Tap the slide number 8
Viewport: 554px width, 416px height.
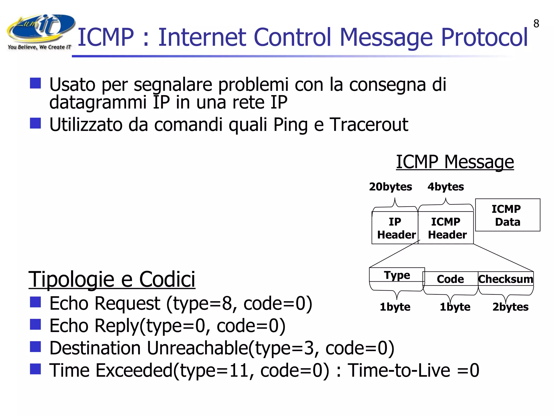(x=536, y=24)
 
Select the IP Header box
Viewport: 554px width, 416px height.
(x=395, y=228)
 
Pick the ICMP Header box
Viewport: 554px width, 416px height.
(x=446, y=228)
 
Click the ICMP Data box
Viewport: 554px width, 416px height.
(x=507, y=215)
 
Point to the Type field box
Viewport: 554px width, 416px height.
(x=397, y=275)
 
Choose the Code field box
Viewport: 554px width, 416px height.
(x=450, y=279)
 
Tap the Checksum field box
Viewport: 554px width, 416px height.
(x=506, y=279)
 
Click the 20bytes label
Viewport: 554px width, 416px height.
(x=390, y=187)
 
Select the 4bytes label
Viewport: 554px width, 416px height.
(x=446, y=187)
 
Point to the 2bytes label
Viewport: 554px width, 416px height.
(x=510, y=307)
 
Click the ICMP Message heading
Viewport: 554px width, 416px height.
(x=455, y=162)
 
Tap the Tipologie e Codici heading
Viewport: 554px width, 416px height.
(x=112, y=279)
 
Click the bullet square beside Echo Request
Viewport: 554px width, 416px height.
(x=35, y=302)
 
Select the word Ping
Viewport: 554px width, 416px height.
(x=291, y=125)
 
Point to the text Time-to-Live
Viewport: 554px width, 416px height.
(x=399, y=370)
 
